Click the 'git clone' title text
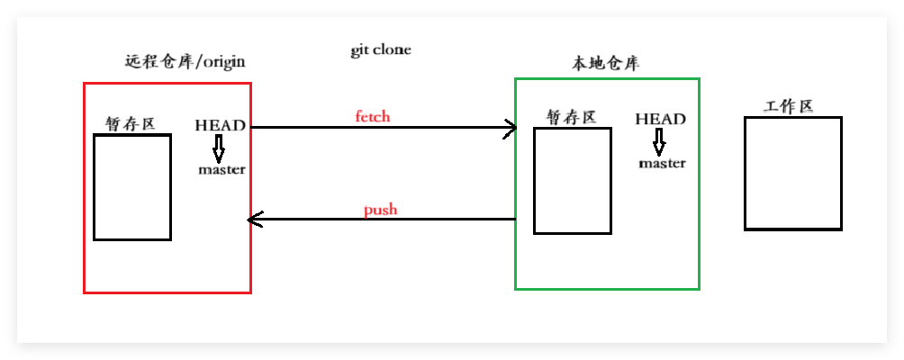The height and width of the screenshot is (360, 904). coord(380,50)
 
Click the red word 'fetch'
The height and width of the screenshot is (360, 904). coord(373,117)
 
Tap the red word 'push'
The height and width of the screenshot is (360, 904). coord(380,211)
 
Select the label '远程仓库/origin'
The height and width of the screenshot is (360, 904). coord(185,62)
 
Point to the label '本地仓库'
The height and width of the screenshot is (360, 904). coord(605,64)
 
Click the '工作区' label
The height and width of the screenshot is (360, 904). coord(789,106)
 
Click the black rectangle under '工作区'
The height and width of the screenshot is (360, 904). coord(793,173)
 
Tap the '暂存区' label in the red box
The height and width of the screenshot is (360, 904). coord(130,123)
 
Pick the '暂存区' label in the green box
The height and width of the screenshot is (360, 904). coord(571,117)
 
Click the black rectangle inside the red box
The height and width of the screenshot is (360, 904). coord(132,187)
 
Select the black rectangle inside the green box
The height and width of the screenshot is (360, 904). coord(572,181)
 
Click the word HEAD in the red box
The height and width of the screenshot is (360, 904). coord(220,125)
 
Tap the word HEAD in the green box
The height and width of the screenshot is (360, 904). coord(660,119)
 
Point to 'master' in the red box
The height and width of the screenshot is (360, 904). coord(221,169)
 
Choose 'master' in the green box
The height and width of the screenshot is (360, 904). coord(662,163)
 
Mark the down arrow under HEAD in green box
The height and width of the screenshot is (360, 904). coord(659,141)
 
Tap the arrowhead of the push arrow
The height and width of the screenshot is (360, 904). coord(256,219)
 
